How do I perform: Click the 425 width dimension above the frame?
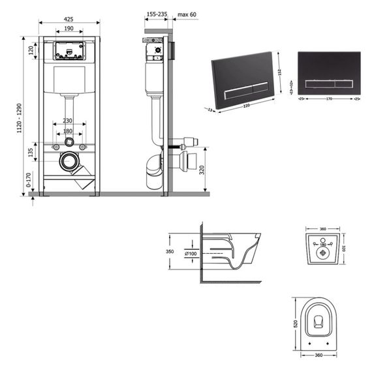pos(69,20)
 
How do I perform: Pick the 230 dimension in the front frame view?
pos(68,120)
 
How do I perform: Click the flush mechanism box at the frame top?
pos(68,50)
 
